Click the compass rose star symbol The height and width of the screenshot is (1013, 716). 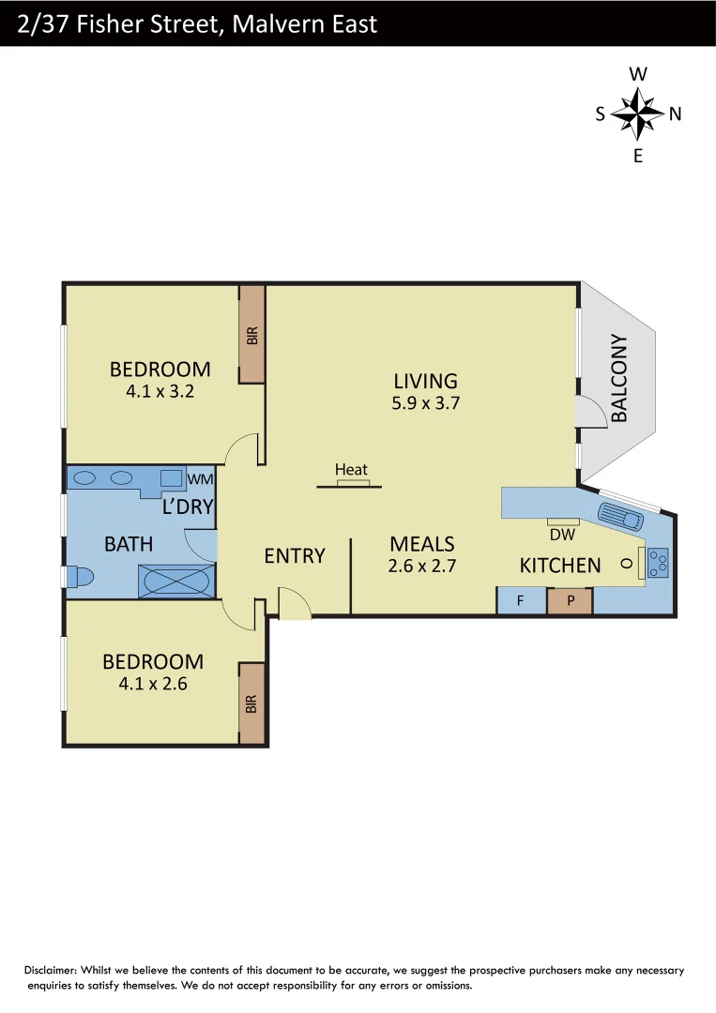point(638,113)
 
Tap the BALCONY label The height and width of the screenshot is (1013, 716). point(619,378)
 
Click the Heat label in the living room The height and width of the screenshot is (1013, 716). point(352,470)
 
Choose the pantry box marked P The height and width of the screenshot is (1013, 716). point(570,600)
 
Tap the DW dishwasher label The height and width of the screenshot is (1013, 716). point(562,535)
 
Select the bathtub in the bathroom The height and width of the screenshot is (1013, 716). point(176,581)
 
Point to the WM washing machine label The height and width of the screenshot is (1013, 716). point(201,479)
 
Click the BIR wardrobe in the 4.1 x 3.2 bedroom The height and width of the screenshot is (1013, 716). point(251,335)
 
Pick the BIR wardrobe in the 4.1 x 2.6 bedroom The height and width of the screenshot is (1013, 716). point(251,703)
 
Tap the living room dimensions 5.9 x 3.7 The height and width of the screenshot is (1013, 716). point(426,403)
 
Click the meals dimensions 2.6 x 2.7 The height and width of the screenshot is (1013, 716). point(421,566)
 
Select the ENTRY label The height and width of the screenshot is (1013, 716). point(295,555)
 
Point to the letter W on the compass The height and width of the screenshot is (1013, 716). point(638,74)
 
